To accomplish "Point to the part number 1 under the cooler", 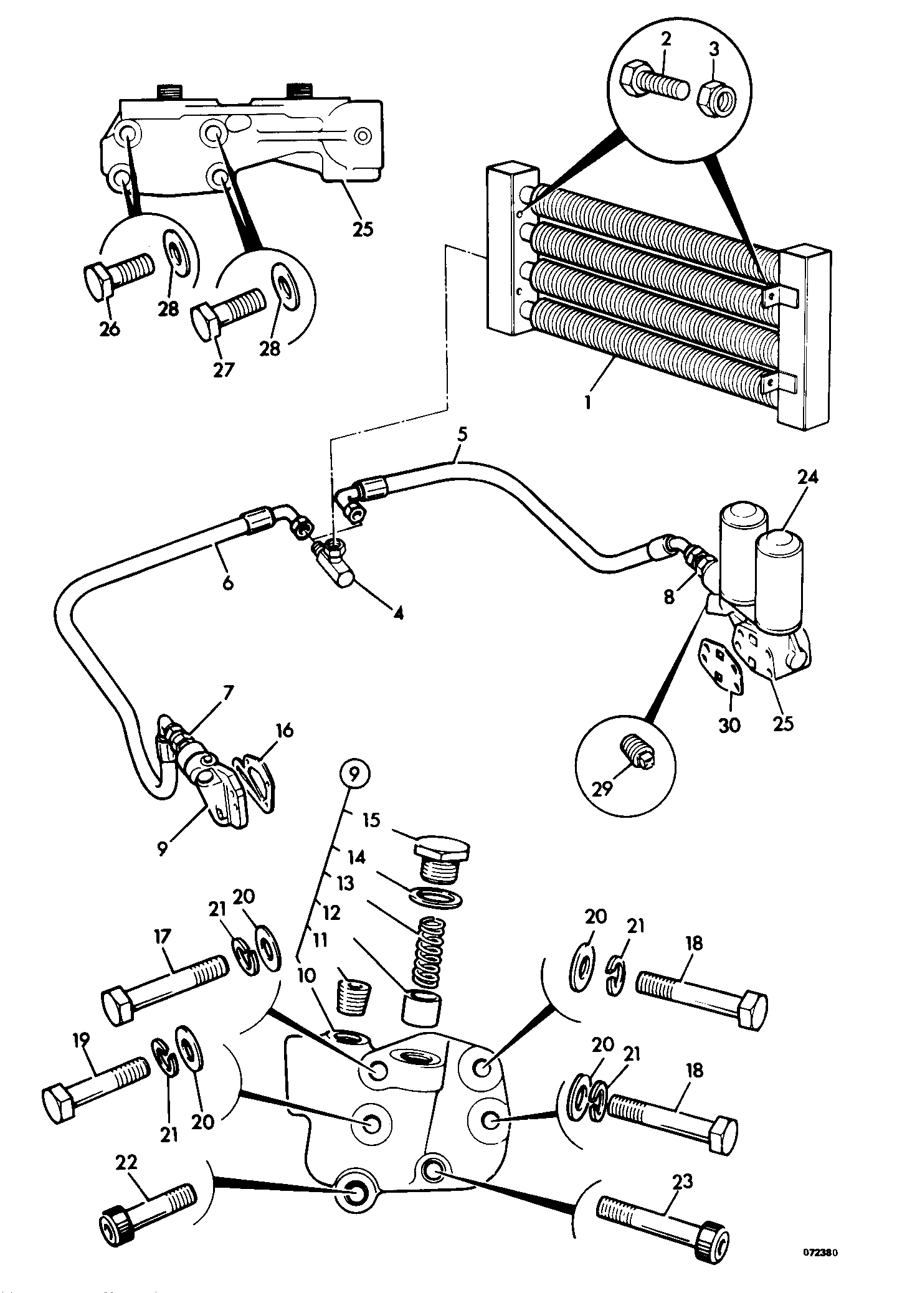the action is [x=587, y=402].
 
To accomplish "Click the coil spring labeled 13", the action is [x=429, y=949].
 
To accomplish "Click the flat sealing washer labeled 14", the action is [x=438, y=900].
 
